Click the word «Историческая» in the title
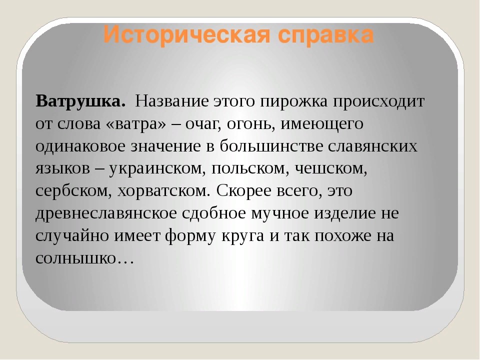coord(187,34)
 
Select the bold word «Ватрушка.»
coord(81,101)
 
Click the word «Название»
coord(171,101)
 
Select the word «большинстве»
coord(271,146)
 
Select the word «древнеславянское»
coord(106,213)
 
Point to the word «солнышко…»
coord(84,258)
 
